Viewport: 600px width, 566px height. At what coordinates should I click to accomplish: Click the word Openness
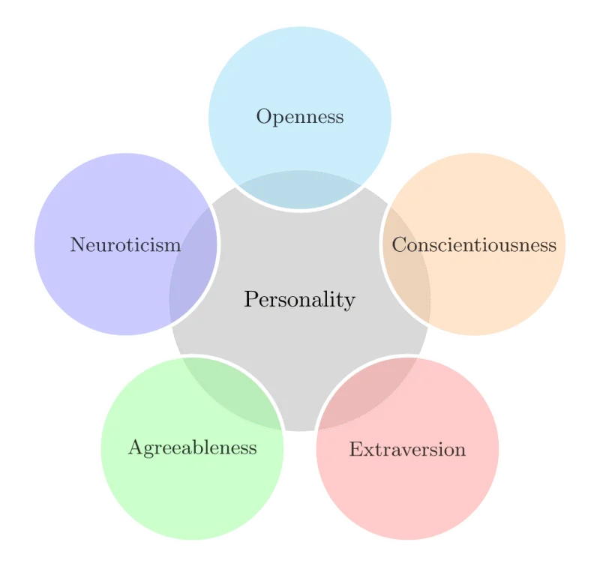(300, 117)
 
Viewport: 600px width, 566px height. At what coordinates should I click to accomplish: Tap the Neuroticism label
(125, 244)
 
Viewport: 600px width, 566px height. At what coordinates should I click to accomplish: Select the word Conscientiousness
(474, 244)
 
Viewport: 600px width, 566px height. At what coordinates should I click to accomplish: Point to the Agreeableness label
(193, 448)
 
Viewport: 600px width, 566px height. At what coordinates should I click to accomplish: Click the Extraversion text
(407, 449)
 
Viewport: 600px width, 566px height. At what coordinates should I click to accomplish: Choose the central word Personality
(300, 300)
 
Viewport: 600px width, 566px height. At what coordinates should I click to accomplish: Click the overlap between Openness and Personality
(300, 190)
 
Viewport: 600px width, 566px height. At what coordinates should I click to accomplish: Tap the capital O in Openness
(264, 116)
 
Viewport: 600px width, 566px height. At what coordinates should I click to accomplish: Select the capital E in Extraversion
(356, 449)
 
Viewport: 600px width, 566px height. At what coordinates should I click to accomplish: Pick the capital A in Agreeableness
(136, 447)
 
